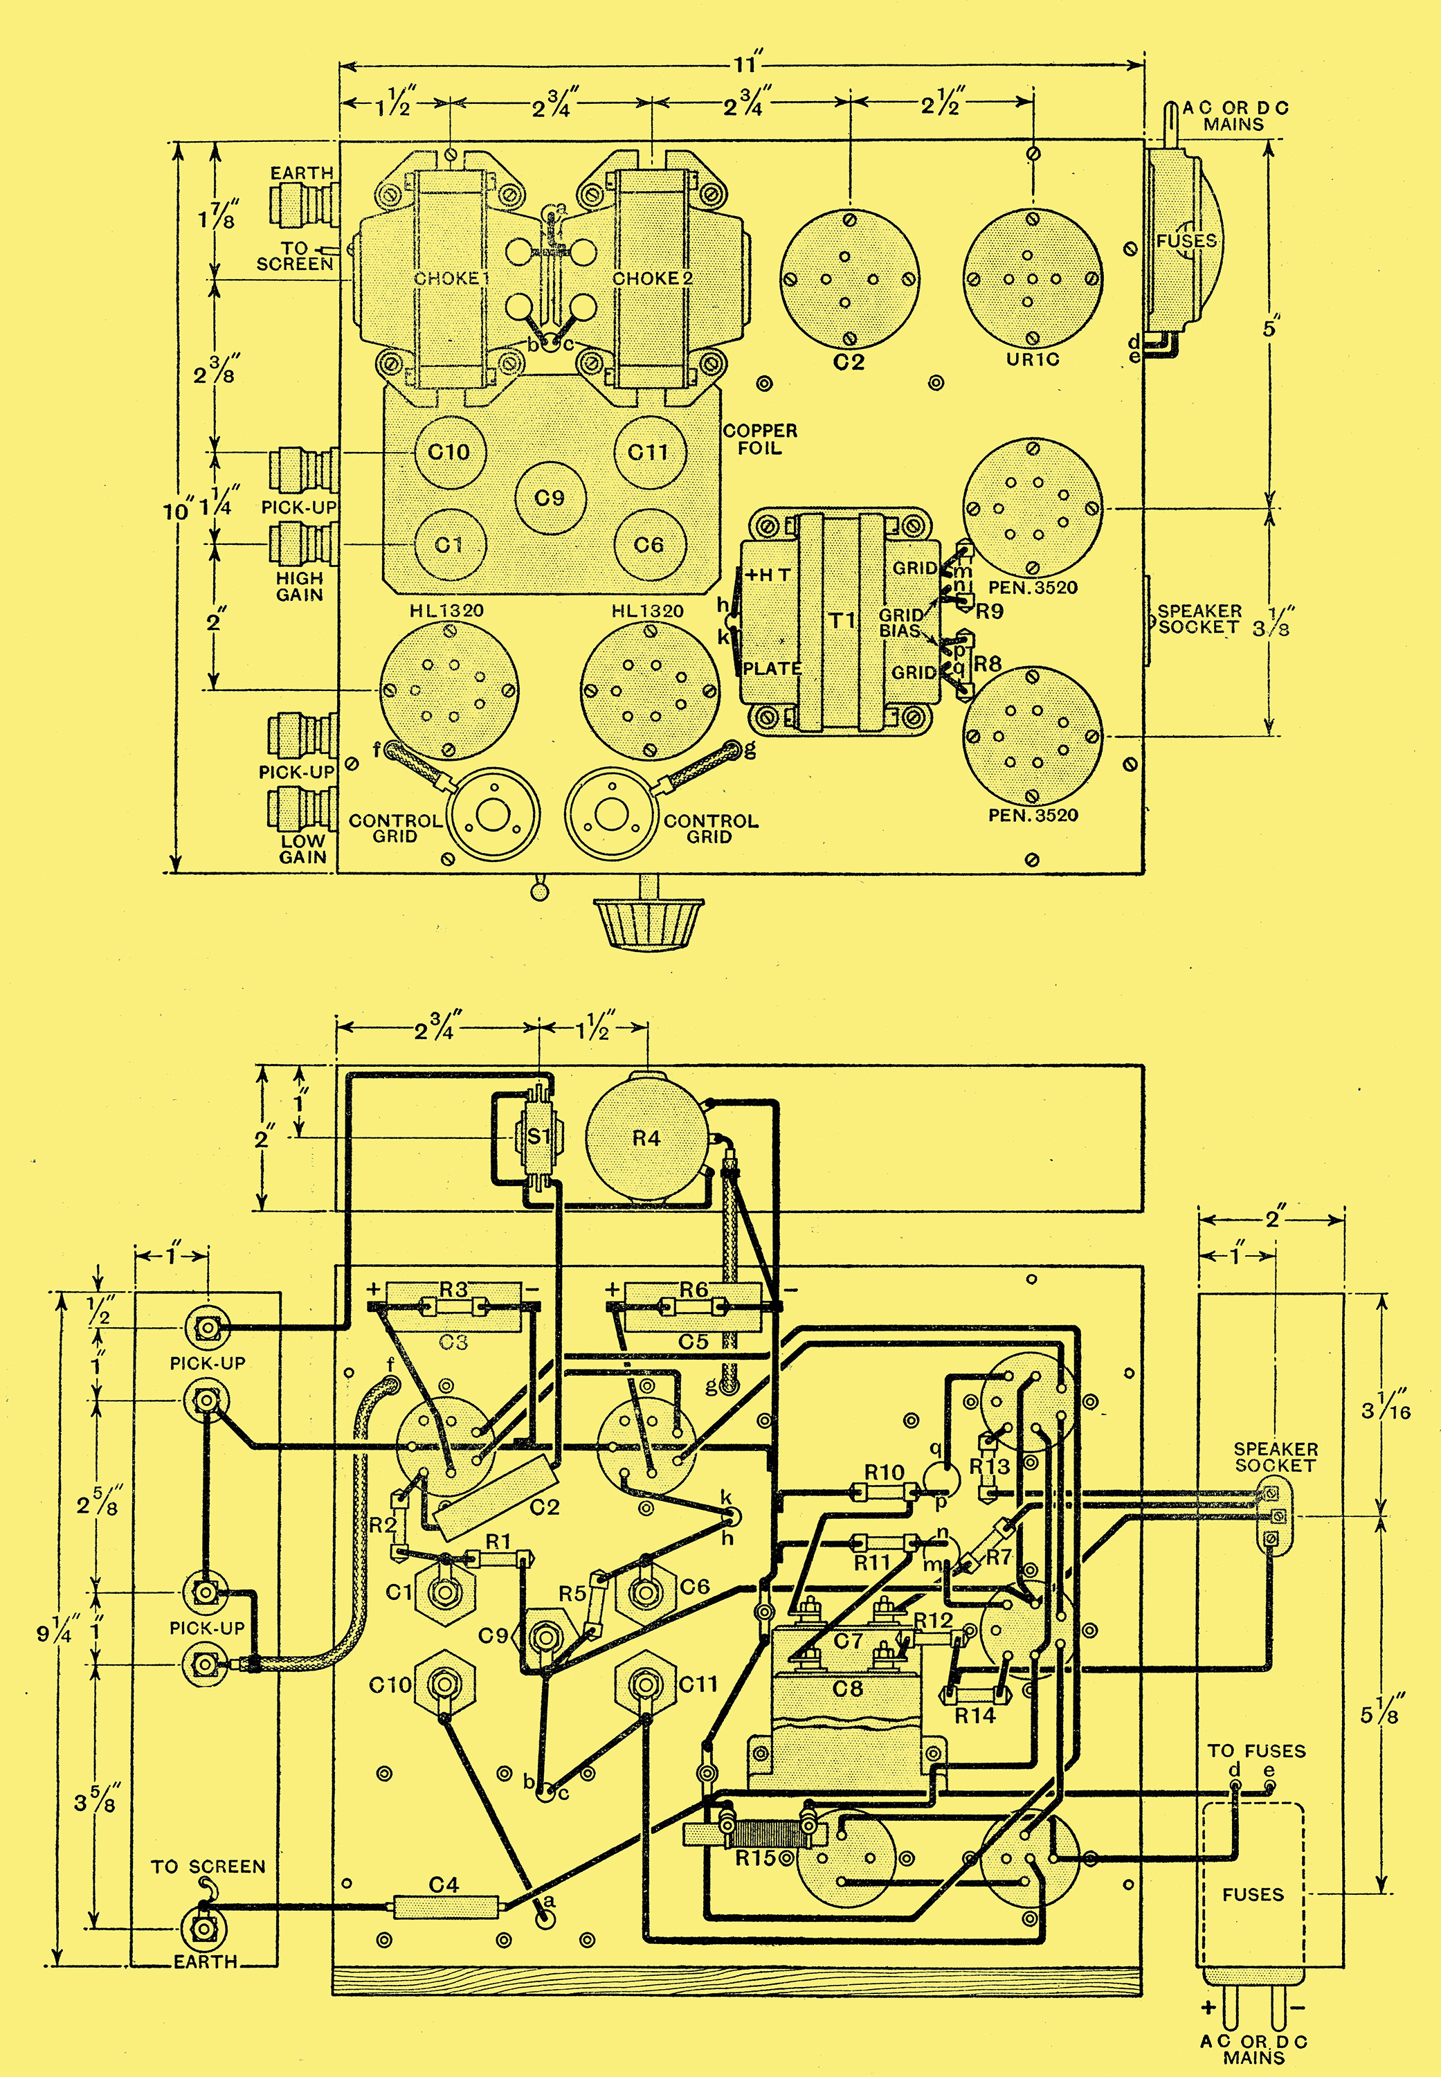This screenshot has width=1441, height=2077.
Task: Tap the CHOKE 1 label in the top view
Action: [451, 278]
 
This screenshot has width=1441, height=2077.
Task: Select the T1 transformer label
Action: [842, 620]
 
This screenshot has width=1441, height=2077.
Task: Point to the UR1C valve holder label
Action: [1032, 359]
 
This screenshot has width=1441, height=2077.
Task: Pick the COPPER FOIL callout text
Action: [760, 439]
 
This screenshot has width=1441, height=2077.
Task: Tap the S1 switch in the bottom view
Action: [538, 1137]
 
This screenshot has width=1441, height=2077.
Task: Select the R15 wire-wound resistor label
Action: [755, 1858]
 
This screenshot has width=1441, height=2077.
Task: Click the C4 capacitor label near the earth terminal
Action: [444, 1885]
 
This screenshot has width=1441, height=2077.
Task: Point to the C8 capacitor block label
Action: [847, 1687]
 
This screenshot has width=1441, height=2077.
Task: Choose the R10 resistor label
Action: [884, 1472]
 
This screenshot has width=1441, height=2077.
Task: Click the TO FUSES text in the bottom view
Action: [1257, 1750]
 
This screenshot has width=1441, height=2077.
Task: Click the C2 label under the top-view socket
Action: [849, 362]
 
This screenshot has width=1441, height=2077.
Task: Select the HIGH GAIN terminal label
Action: [300, 586]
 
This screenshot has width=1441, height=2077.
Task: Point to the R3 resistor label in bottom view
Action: [453, 1290]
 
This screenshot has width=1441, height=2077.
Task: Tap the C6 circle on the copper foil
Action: [649, 545]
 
